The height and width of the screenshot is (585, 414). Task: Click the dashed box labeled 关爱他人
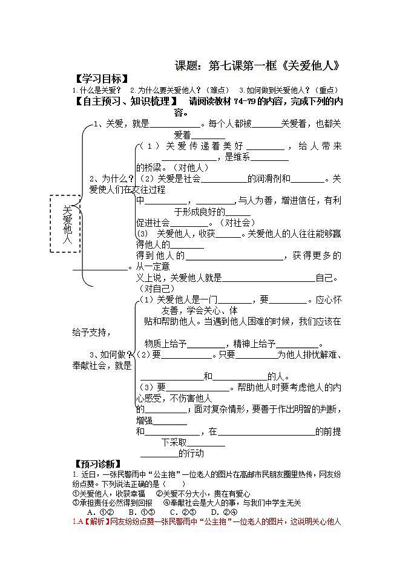coord(64,224)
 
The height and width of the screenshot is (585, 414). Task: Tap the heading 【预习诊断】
coord(97,463)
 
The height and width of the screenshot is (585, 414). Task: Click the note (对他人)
coord(189,167)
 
